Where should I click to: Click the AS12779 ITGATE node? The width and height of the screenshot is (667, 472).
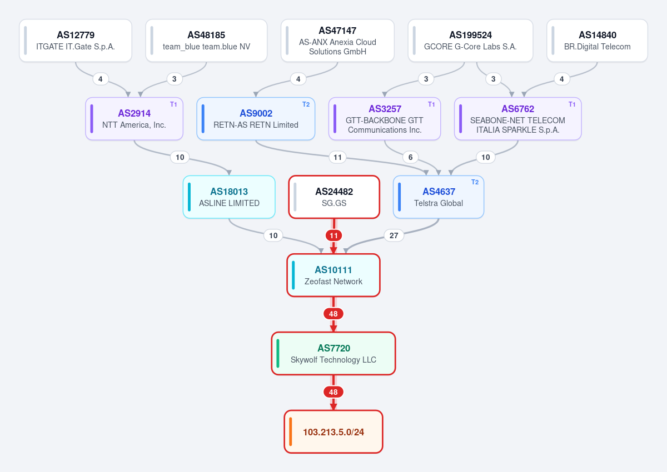pos(76,41)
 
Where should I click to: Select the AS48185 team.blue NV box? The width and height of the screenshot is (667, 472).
pos(206,41)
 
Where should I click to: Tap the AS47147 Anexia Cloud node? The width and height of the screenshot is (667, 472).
pos(337,41)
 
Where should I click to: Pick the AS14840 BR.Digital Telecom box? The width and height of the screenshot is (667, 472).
pos(597,41)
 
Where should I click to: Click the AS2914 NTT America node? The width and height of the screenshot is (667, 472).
pos(135,119)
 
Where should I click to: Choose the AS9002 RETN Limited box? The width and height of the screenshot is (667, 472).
pos(256,119)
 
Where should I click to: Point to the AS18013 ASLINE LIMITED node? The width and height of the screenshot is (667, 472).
pos(229,197)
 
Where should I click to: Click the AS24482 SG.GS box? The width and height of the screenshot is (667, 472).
pos(334,197)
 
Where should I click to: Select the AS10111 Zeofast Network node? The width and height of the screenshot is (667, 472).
pos(333,275)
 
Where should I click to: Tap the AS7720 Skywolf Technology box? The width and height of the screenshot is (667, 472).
pos(333,353)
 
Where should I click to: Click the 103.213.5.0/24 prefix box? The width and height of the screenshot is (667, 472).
pos(333,431)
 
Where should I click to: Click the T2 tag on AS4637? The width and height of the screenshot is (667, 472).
pos(475,182)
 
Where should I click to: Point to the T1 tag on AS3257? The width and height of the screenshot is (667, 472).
pos(431,104)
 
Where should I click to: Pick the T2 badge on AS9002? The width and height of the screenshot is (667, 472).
pos(306,104)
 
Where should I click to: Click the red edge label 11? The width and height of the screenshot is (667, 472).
pos(333,235)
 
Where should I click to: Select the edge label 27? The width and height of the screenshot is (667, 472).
pos(394,235)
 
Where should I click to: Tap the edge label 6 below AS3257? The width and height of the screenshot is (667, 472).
pos(410,157)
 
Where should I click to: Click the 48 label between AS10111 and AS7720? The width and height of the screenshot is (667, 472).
pos(333,314)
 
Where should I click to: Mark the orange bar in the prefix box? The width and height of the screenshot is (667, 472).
pos(290,431)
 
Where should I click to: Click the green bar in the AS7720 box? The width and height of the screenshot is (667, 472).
pos(278,353)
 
